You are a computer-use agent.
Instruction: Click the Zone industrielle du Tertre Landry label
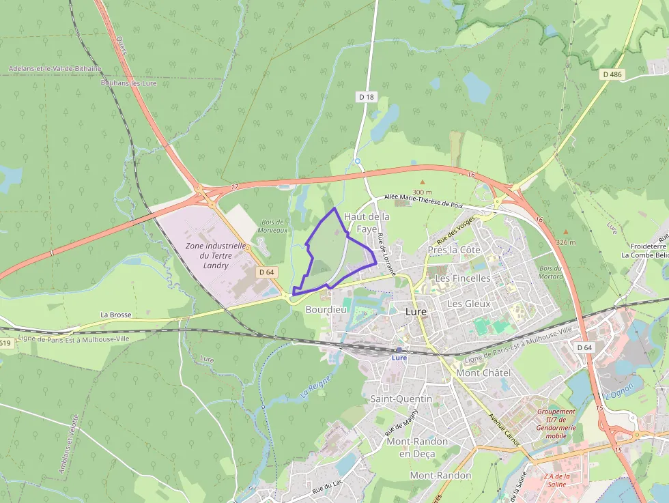[215, 255]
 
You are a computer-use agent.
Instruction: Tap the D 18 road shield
[367, 97]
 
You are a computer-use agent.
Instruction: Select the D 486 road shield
[612, 73]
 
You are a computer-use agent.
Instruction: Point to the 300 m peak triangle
[422, 182]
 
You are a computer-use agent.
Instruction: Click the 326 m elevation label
[566, 242]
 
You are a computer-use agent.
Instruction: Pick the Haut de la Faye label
[367, 222]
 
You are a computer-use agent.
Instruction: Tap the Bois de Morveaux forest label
[273, 226]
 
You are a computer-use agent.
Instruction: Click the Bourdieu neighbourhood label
[326, 309]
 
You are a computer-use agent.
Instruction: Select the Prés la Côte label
[454, 250]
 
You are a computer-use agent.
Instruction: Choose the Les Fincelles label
[463, 278]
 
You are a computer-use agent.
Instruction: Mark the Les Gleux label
[469, 303]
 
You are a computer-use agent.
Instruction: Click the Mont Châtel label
[483, 373]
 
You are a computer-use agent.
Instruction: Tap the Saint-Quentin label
[401, 399]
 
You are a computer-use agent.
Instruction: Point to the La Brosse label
[115, 315]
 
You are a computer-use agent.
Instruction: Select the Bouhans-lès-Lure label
[128, 83]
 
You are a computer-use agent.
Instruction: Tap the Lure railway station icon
[399, 350]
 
